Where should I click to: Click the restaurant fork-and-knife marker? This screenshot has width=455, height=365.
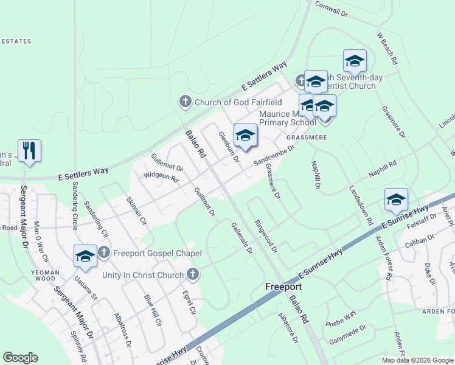point(29,151)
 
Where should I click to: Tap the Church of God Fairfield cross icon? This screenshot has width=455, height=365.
point(186,102)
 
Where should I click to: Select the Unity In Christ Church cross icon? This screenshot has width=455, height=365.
point(193,275)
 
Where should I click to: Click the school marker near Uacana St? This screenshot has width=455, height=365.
point(85,256)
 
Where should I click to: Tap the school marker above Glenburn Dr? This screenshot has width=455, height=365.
point(245,136)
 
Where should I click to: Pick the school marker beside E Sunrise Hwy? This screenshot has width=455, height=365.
point(395,200)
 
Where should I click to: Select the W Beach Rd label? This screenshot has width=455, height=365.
point(387,49)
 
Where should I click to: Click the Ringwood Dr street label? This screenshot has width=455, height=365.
point(266,236)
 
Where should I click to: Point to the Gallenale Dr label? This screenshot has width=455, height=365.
point(241,237)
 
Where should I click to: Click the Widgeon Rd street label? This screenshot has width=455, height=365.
point(161,177)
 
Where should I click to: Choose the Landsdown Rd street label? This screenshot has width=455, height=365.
point(359,206)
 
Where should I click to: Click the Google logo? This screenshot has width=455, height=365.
point(20,358)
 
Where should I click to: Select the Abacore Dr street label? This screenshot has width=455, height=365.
point(288,328)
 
